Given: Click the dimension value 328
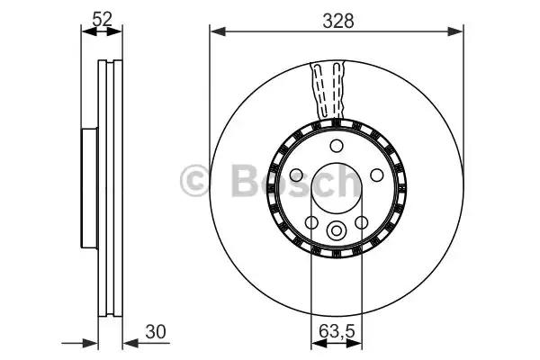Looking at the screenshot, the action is (x=337, y=22).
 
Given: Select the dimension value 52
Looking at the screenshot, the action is (x=103, y=19).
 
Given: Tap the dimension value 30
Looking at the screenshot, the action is (x=156, y=332).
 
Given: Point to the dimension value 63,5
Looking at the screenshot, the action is (x=337, y=332).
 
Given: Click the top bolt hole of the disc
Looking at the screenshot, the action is (x=336, y=146).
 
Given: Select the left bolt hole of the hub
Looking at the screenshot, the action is (x=296, y=175).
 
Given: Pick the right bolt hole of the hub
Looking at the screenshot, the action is (x=377, y=175).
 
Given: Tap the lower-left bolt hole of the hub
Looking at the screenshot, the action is (x=311, y=222).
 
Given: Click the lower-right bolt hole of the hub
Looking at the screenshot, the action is (x=361, y=222).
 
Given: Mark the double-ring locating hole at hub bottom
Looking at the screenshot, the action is (x=336, y=230).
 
